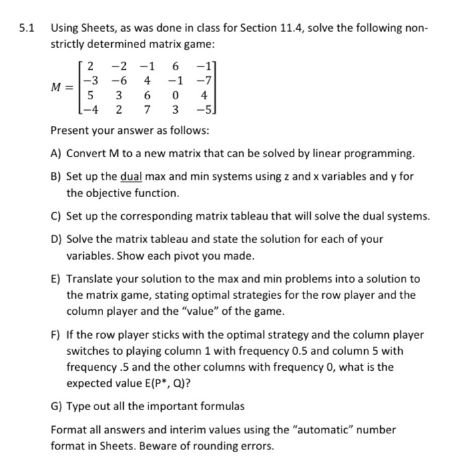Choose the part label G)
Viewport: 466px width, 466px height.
[58, 405]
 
